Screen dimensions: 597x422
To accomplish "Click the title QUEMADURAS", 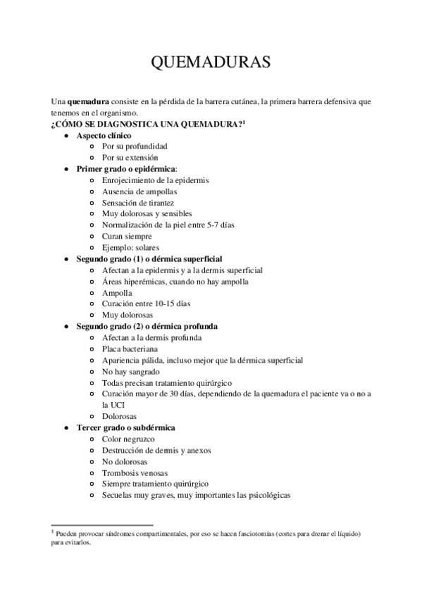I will (x=211, y=63).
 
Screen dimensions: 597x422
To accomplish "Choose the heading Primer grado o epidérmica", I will (x=126, y=169).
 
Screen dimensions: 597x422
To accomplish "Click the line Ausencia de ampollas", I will (x=139, y=191).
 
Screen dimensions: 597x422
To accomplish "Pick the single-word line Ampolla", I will (x=116, y=293).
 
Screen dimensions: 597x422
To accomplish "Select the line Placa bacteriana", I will (x=130, y=349).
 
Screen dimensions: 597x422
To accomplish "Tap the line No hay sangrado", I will (x=130, y=372).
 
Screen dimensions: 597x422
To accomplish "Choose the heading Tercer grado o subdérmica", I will (x=126, y=427).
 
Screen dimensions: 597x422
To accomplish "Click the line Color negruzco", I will (x=128, y=439).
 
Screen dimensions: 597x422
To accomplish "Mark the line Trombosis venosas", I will (x=135, y=472).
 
